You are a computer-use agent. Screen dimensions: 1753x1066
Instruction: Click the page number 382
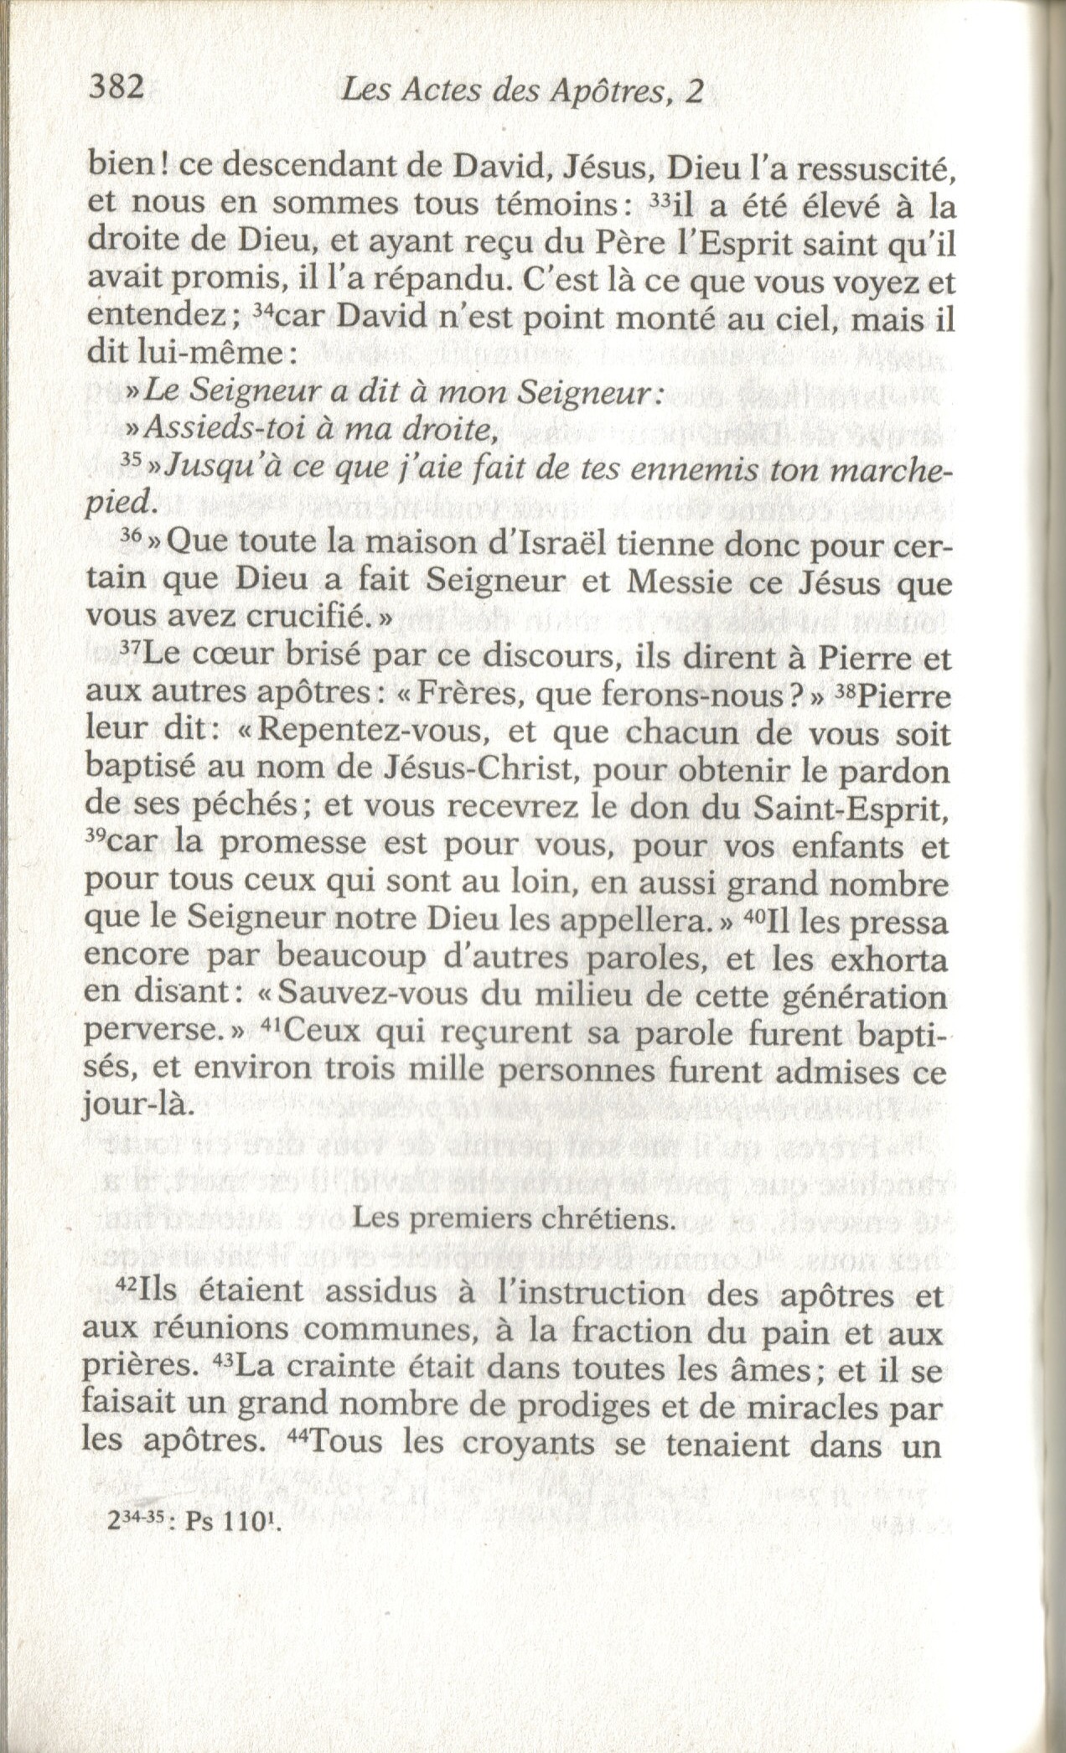click(117, 87)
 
